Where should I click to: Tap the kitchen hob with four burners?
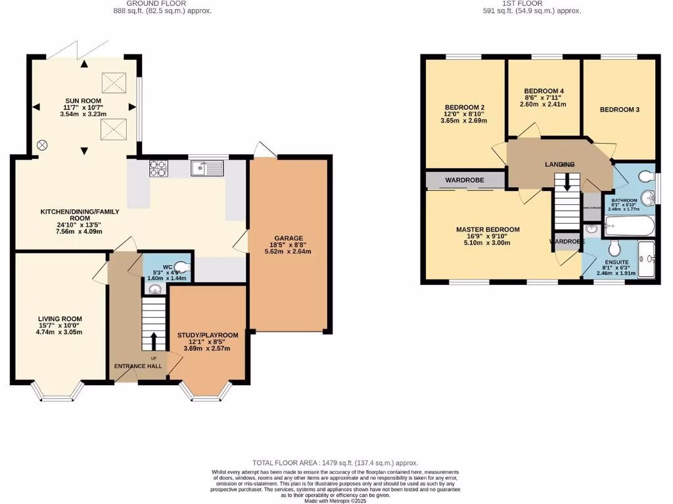coord(158,170)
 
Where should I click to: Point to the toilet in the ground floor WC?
coord(181,266)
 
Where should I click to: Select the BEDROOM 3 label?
coord(619,110)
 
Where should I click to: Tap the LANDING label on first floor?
coord(559,164)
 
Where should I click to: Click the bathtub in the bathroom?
coord(629,227)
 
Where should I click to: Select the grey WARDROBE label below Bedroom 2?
coord(465,179)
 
